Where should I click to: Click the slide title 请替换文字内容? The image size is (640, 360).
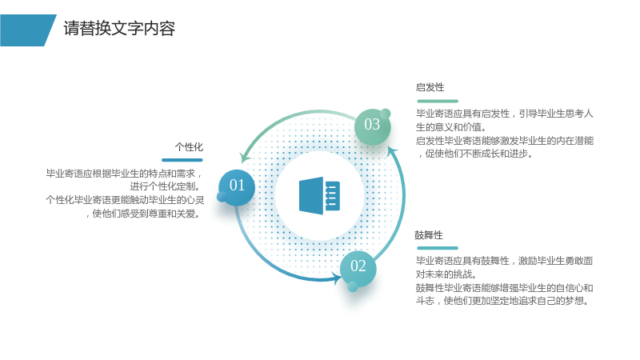(x=119, y=29)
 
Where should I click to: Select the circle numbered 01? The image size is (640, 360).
(x=237, y=187)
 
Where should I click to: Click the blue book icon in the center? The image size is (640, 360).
(x=319, y=195)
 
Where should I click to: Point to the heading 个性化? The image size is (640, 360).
(x=189, y=147)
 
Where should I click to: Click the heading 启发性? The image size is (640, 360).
(x=430, y=87)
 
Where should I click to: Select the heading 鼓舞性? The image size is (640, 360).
(x=429, y=235)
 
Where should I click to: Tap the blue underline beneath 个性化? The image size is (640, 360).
(x=182, y=160)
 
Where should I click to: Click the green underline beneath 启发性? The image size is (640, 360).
(x=438, y=101)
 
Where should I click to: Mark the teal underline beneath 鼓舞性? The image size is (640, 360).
(x=438, y=248)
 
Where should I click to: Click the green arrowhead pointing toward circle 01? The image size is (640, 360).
(x=245, y=157)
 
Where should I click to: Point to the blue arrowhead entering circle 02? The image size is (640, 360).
(x=338, y=278)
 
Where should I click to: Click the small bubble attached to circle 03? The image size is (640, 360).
(x=386, y=114)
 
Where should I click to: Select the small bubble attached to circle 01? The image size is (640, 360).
(x=222, y=197)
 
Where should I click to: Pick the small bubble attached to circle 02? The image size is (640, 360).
(x=353, y=286)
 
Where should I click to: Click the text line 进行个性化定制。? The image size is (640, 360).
(x=166, y=186)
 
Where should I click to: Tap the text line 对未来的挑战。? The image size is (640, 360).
(x=446, y=274)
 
